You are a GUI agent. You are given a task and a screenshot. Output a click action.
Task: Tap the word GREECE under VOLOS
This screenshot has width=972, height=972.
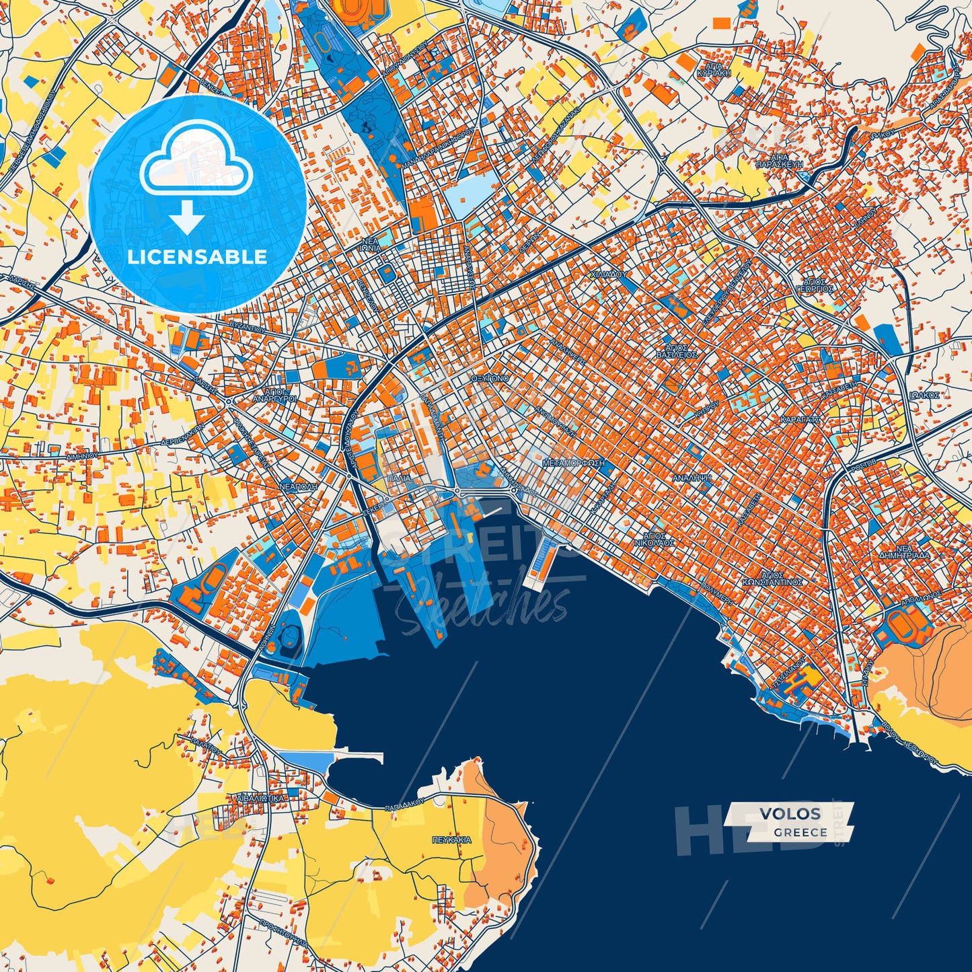(x=800, y=832)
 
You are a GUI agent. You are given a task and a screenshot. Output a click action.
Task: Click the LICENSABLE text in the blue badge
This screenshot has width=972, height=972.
(x=197, y=257)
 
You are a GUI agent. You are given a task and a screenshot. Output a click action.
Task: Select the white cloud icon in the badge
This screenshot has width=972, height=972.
(x=196, y=161)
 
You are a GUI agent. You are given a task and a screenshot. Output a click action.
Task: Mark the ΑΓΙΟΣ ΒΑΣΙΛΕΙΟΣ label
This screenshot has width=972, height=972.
(x=677, y=350)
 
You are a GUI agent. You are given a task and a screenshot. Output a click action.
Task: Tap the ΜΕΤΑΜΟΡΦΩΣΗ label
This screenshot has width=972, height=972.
(x=573, y=463)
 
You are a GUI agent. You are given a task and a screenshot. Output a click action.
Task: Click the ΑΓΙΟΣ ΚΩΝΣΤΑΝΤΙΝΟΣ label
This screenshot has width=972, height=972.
(x=773, y=578)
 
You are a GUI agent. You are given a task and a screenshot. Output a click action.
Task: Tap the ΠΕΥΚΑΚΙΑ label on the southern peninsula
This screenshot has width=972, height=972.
(x=451, y=839)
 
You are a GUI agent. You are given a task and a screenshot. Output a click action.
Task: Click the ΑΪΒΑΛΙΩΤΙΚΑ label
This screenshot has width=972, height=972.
(x=260, y=798)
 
